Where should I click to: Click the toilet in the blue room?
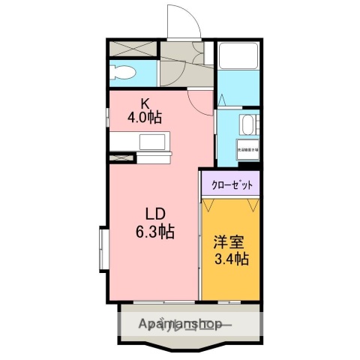coord(122,73)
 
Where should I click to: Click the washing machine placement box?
coord(247,148)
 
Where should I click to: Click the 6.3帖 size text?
coord(156,232)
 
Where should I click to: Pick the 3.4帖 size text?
coord(231,259)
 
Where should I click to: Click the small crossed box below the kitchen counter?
coord(118,158)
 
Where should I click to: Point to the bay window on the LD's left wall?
coord(102,247)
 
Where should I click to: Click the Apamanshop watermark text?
coord(181,325)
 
